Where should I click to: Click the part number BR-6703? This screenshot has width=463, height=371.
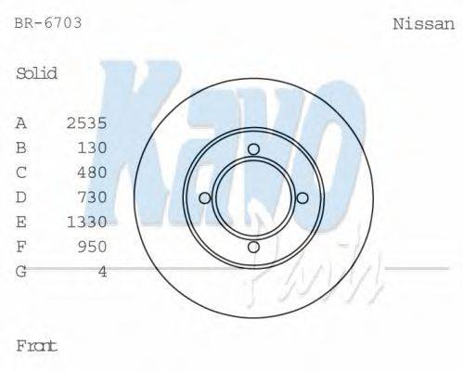click(x=48, y=20)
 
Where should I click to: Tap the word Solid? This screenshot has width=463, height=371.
click(x=36, y=73)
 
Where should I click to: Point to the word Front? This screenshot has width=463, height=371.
click(x=36, y=346)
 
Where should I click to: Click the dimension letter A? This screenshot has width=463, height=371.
click(x=21, y=122)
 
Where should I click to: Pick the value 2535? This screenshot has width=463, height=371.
click(x=87, y=122)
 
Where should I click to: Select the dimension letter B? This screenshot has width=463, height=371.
click(x=21, y=147)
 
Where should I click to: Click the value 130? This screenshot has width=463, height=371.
click(x=93, y=147)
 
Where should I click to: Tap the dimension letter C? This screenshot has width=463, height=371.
click(x=21, y=172)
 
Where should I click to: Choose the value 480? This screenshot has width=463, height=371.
click(x=93, y=172)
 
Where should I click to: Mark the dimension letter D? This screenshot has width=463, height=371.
click(x=21, y=197)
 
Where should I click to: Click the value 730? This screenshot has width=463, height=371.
click(x=93, y=197)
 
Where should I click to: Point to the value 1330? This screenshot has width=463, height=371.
click(x=87, y=222)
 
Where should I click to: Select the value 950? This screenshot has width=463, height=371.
click(x=93, y=246)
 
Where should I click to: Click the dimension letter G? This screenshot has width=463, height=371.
click(x=21, y=271)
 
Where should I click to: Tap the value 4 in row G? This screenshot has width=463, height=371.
click(x=102, y=271)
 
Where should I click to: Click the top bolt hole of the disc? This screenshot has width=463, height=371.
click(x=253, y=149)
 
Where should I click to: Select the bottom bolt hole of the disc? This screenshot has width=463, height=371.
click(x=253, y=246)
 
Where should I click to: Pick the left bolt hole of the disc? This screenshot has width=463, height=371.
click(x=205, y=198)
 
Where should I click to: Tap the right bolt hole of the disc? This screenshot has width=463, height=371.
click(x=302, y=198)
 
